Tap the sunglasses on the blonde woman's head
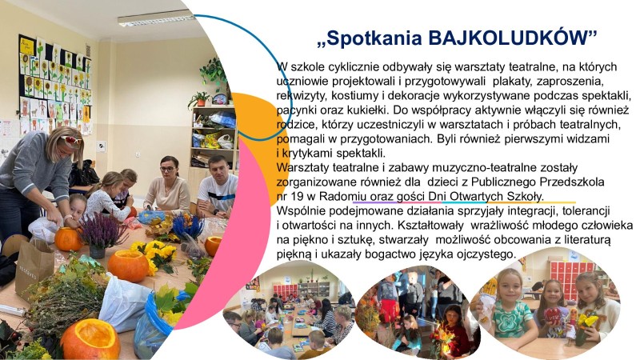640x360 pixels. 69,138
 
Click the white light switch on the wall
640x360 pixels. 101,146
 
